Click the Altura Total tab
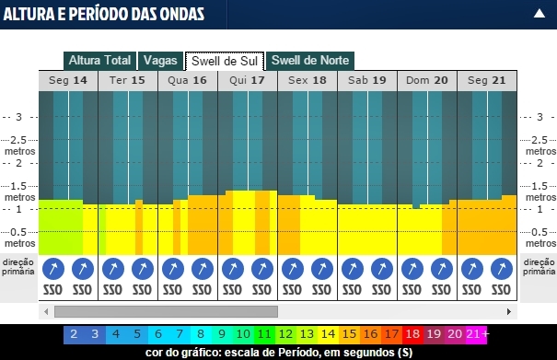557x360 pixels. pos(99,61)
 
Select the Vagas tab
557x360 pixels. pos(160,61)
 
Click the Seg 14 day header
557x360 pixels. pos(68,80)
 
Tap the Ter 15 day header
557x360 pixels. pos(127,80)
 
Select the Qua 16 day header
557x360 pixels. pos(187,80)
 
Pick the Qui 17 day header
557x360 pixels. pos(247,80)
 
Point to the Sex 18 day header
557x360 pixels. pos(307,80)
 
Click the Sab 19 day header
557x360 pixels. pos(366,80)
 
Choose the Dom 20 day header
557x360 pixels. pos(426,80)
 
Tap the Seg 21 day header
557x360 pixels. pos(486,80)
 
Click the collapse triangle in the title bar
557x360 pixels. pos(539,14)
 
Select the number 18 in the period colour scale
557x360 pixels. pos(412,333)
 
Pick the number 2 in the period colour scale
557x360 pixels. pos(74,333)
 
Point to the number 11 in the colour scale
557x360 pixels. pos(264,333)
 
